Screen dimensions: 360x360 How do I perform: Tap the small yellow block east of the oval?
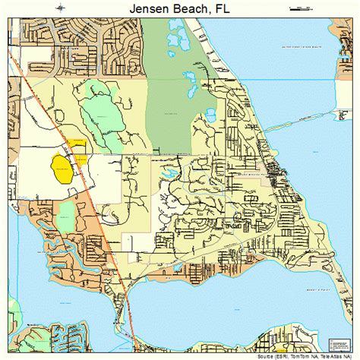[x=81, y=160]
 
